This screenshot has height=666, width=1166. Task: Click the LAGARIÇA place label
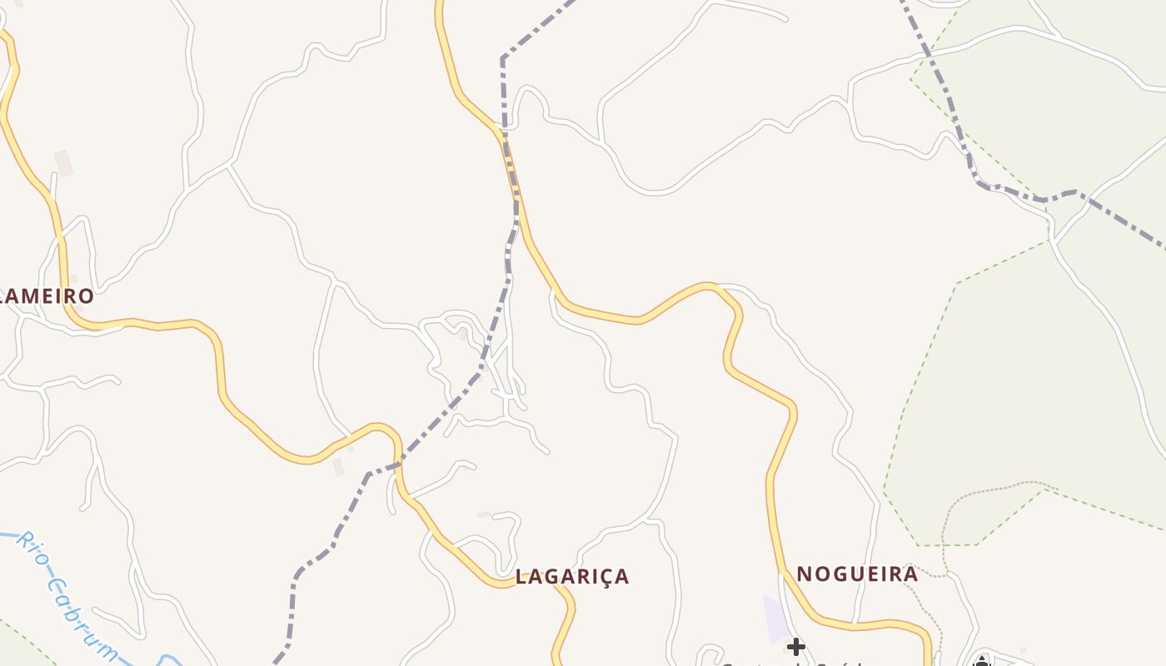pyautogui.click(x=572, y=576)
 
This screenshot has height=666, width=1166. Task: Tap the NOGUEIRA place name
pyautogui.click(x=857, y=574)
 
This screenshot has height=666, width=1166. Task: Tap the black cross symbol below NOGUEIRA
pyautogui.click(x=796, y=646)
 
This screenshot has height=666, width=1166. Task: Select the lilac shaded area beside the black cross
pyautogui.click(x=775, y=620)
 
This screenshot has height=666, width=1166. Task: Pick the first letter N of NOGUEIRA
pyautogui.click(x=805, y=574)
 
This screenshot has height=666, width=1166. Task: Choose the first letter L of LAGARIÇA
pyautogui.click(x=521, y=576)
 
